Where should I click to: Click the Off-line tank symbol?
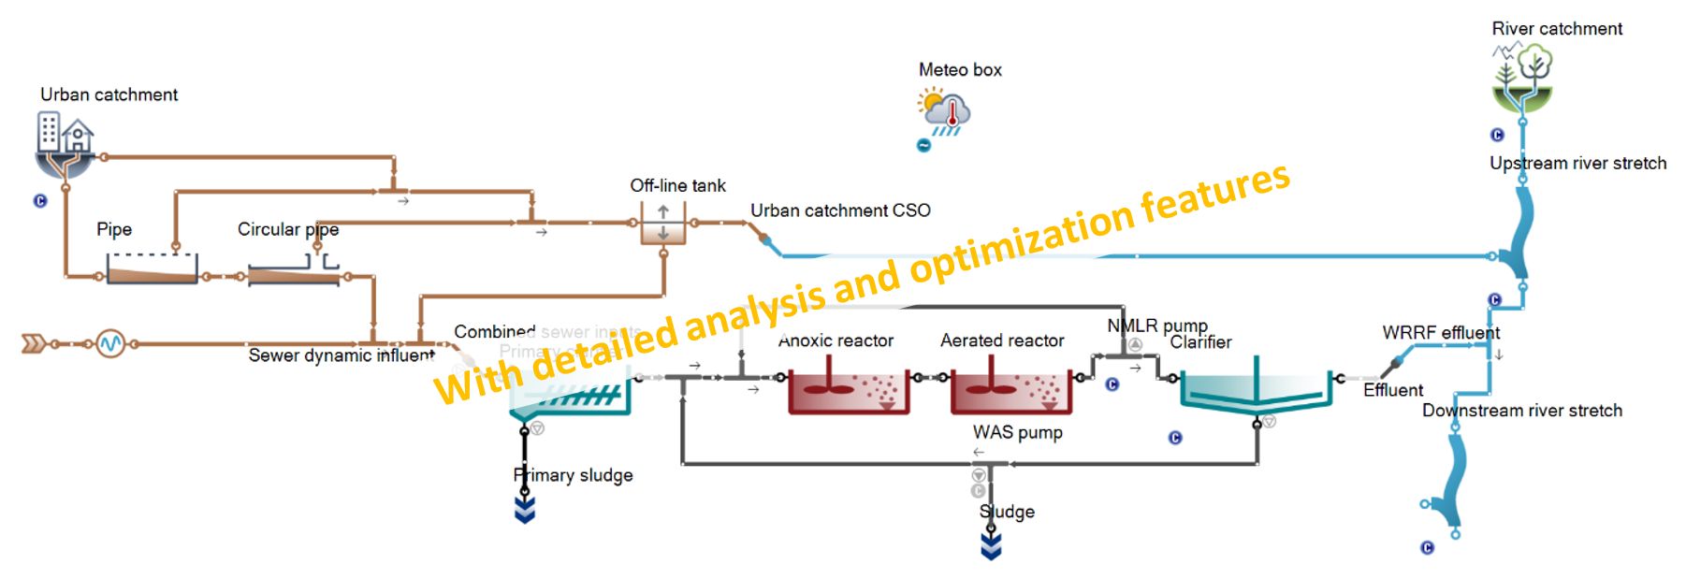pos(663,224)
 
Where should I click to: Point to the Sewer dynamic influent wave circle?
pos(110,344)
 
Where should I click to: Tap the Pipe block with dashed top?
pos(152,268)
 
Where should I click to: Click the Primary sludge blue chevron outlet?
pos(525,509)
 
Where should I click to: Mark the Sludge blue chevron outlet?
pos(991,546)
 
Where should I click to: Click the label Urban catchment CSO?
pos(840,210)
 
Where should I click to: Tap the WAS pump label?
pos(1017,432)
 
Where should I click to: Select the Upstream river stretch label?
pos(1577,164)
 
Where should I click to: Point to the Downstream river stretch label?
pos(1521,411)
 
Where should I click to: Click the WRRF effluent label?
pos(1440,333)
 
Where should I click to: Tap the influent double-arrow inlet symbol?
pos(35,344)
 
